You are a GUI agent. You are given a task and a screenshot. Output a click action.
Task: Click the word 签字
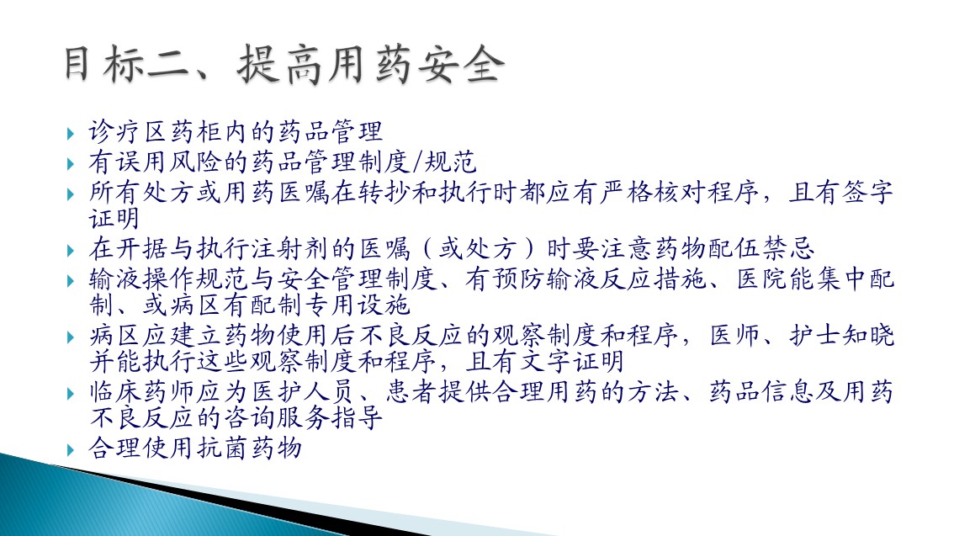click(x=867, y=192)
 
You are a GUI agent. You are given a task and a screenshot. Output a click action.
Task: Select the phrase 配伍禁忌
click(x=761, y=248)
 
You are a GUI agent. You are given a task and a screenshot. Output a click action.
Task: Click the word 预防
click(x=519, y=279)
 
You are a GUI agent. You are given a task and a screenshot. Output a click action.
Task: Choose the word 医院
click(x=762, y=279)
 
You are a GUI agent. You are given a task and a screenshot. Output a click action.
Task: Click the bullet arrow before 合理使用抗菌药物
click(x=71, y=449)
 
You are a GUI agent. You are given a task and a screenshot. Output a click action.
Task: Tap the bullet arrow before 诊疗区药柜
click(x=71, y=133)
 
